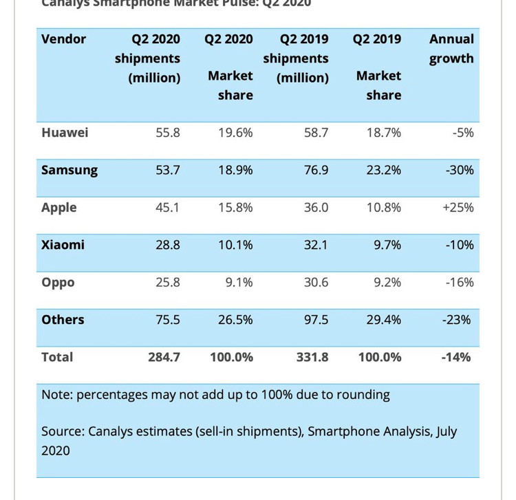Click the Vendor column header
(64, 39)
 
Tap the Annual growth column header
(451, 49)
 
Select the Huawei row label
(65, 132)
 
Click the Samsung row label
(69, 170)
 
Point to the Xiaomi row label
(63, 244)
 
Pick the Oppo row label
(58, 282)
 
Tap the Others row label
(63, 319)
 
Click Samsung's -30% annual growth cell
(458, 170)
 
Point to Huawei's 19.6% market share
(237, 132)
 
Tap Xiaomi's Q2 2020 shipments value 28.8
(166, 244)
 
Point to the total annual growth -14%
(456, 357)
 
